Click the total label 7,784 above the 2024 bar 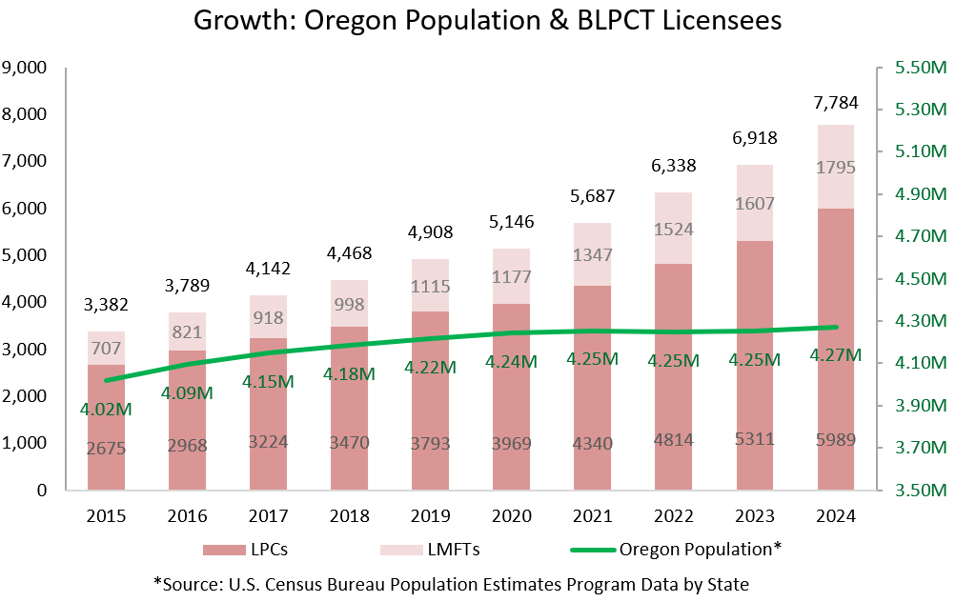click(836, 102)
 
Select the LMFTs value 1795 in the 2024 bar click(836, 168)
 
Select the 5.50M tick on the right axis click(918, 68)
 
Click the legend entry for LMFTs click(429, 550)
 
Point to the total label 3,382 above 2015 click(107, 306)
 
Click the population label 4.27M click(836, 355)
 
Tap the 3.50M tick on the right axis click(918, 491)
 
